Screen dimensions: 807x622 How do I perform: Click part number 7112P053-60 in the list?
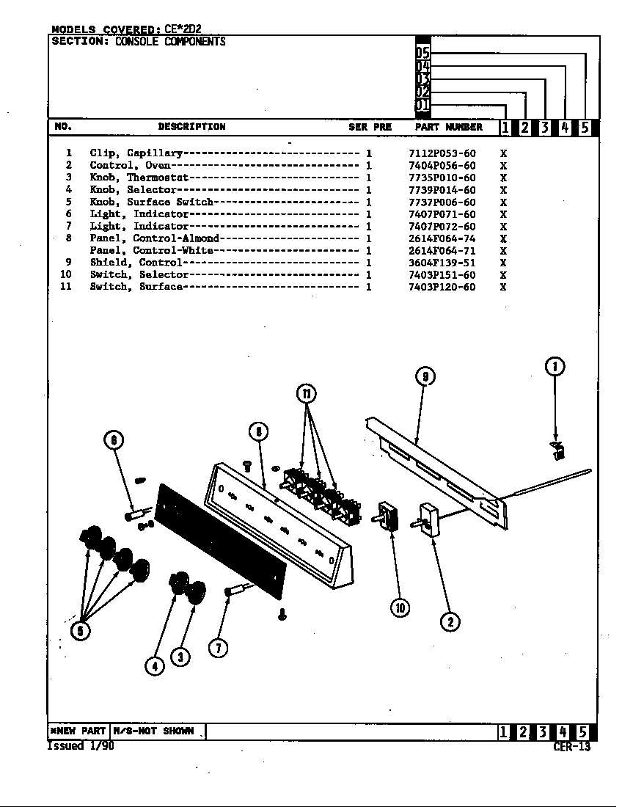coord(442,153)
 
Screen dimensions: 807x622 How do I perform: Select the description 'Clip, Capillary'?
coord(136,153)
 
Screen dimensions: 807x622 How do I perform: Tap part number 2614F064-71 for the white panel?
coord(442,250)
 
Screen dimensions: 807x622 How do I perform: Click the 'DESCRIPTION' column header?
coord(191,127)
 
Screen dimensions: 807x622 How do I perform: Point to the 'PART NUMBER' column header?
coord(448,127)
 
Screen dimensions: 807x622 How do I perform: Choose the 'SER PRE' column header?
coord(370,127)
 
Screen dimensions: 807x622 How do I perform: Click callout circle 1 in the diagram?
coord(555,366)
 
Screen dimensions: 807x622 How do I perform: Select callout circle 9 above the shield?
coord(425,376)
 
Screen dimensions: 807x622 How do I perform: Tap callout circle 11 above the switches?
coord(307,394)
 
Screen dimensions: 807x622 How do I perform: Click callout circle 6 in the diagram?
coord(113,440)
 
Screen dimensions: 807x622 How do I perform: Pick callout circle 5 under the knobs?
coord(81,629)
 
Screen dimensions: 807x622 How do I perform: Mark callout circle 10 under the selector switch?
coord(400,607)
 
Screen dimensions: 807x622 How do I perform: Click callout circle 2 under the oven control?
coord(450,622)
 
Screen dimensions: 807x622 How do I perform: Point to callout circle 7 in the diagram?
coord(218,647)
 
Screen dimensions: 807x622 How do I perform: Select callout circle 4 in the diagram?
coord(154,665)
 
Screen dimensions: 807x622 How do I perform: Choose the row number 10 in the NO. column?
coord(66,274)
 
